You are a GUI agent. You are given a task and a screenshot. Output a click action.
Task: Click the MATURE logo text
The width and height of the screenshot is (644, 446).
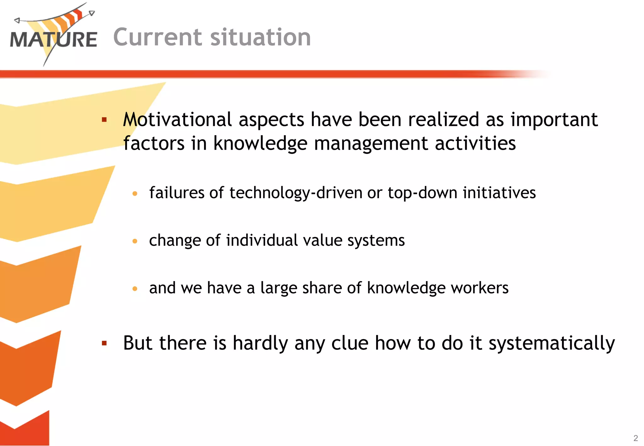coord(53,40)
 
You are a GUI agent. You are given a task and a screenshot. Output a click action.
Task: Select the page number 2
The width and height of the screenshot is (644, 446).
coord(636,438)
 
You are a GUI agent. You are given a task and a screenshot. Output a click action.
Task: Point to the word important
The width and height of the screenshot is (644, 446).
coord(554,120)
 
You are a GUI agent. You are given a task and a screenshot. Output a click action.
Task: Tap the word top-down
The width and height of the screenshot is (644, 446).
coord(422,192)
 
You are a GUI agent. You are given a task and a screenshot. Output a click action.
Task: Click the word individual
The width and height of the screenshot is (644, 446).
coord(262,240)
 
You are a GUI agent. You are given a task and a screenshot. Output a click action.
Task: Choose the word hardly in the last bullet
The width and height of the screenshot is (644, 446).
coord(260,343)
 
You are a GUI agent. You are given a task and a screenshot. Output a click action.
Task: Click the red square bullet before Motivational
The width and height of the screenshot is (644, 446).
coord(104,120)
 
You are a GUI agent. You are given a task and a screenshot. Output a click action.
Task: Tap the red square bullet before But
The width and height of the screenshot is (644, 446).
coord(104,343)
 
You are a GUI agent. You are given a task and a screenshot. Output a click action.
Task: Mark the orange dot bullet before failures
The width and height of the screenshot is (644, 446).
coord(135,193)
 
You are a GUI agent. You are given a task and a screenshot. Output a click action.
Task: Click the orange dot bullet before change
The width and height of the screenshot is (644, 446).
coord(135,241)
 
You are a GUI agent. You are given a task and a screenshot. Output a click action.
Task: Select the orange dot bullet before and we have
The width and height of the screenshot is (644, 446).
coord(135,288)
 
